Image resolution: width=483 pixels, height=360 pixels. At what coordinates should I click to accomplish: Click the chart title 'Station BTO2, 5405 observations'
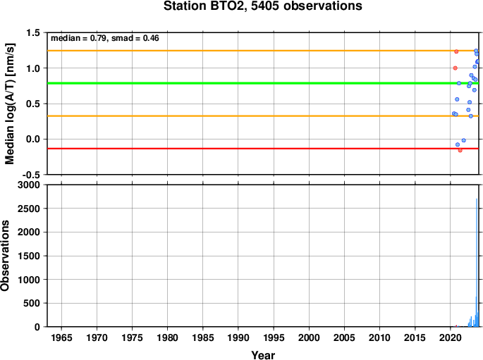[x=263, y=6]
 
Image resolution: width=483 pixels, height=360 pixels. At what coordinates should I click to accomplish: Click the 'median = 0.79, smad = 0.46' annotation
[x=105, y=38]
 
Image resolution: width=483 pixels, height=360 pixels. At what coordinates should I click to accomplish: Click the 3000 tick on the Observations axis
[x=29, y=185]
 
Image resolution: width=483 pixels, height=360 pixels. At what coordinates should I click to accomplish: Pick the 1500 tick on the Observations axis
[x=29, y=256]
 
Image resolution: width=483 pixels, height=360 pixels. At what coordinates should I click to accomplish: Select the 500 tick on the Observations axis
[x=32, y=304]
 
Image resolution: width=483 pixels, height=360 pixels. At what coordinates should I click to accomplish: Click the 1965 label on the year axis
[x=61, y=338]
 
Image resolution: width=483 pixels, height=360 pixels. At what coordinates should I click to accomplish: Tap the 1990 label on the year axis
[x=238, y=338]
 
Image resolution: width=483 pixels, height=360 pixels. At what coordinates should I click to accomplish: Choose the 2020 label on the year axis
[x=451, y=338]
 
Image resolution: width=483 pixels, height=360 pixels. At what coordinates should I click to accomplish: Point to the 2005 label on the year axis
[x=344, y=338]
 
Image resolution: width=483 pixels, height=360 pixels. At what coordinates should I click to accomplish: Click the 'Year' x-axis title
[x=263, y=355]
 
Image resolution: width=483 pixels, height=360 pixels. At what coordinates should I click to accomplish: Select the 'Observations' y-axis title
[x=5, y=256]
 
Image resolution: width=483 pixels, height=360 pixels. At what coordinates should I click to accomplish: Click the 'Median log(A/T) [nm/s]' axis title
[x=10, y=104]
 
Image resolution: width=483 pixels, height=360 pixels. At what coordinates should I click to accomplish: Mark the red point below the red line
[x=460, y=151]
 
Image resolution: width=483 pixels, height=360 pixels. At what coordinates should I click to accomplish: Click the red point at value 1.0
[x=456, y=68]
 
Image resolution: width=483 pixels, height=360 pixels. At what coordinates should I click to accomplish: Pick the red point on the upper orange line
[x=456, y=51]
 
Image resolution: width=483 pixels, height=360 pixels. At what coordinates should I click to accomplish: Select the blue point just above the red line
[x=458, y=144]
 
